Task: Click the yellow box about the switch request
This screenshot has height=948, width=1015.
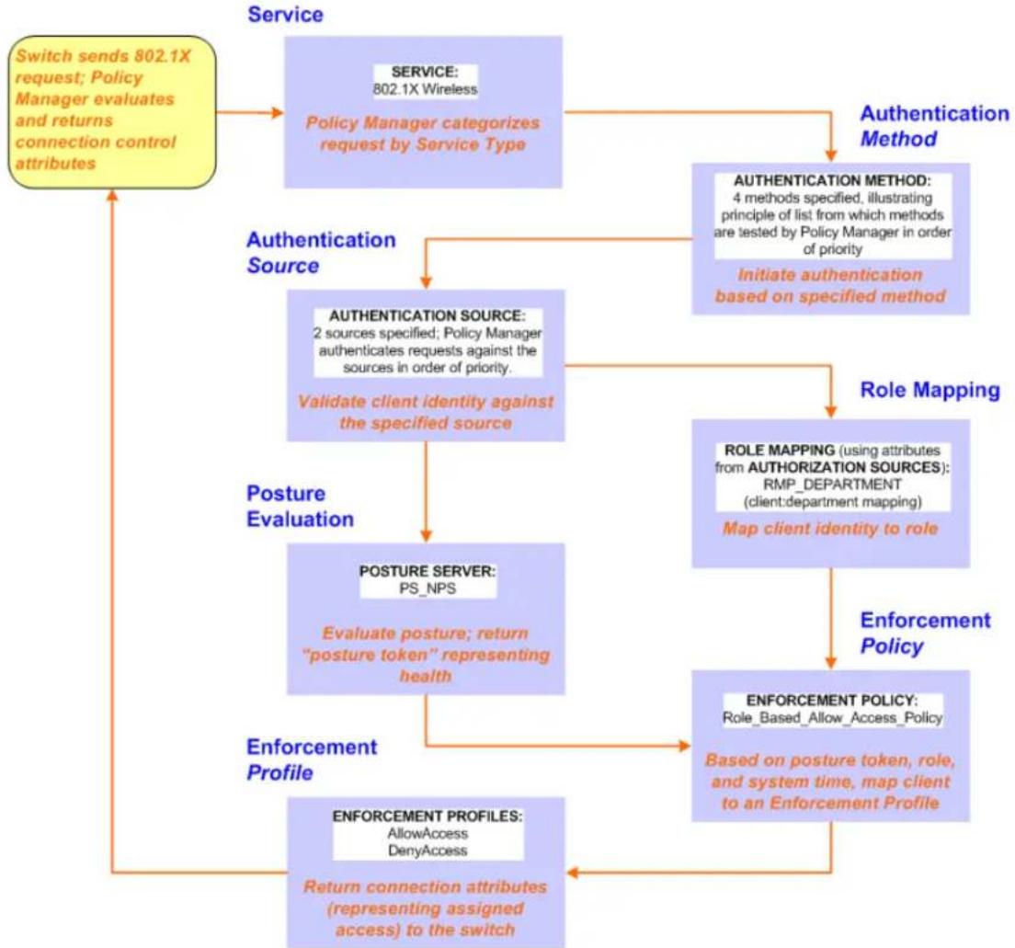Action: pyautogui.click(x=112, y=112)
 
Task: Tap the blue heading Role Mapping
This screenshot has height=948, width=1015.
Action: pyautogui.click(x=929, y=390)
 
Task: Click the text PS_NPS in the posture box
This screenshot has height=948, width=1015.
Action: pyautogui.click(x=428, y=588)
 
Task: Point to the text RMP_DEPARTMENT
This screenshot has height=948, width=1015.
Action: pyautogui.click(x=832, y=485)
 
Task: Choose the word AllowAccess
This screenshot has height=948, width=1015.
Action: pyautogui.click(x=428, y=833)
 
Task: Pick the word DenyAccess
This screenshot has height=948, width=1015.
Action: pyautogui.click(x=428, y=851)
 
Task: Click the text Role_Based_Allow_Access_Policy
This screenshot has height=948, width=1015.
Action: pyautogui.click(x=832, y=717)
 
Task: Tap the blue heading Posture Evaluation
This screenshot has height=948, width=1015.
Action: pyautogui.click(x=301, y=507)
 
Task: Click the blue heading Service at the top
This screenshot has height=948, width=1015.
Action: pyautogui.click(x=285, y=14)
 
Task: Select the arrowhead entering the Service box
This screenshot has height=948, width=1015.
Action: pyautogui.click(x=278, y=113)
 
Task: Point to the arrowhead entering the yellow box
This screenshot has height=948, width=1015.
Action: pyautogui.click(x=113, y=196)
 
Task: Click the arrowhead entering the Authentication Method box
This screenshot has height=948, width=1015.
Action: pyautogui.click(x=831, y=155)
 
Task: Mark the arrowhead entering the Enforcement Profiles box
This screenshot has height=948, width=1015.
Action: pyautogui.click(x=573, y=873)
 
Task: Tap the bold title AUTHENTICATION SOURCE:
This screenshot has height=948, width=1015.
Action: pyautogui.click(x=428, y=316)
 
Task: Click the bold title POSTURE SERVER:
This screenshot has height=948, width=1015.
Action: pyautogui.click(x=428, y=571)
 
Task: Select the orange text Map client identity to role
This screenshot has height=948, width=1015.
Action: pyautogui.click(x=830, y=529)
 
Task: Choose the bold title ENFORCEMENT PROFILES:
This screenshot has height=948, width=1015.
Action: pyautogui.click(x=428, y=816)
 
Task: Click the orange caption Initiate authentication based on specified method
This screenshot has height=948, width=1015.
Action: pyautogui.click(x=830, y=286)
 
